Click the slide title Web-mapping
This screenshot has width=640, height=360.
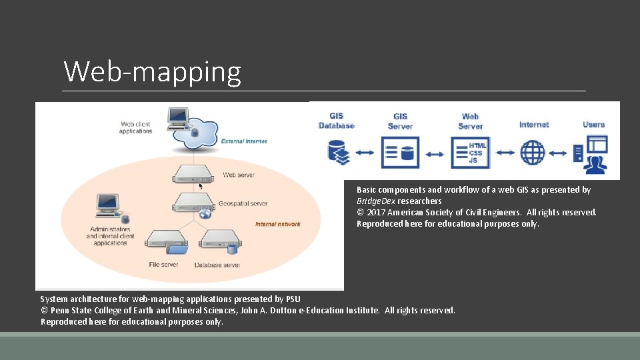[152, 72]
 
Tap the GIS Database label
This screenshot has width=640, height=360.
[336, 121]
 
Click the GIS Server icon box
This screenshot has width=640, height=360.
[400, 153]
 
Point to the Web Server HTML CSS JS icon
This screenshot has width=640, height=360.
[470, 153]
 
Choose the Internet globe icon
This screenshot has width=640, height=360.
[533, 153]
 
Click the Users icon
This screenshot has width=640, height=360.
[591, 153]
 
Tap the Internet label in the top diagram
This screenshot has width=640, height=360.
[534, 125]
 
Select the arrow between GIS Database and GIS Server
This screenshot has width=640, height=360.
[365, 153]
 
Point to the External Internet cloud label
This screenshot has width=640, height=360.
[244, 141]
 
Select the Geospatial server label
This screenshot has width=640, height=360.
[243, 203]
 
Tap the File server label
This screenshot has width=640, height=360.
[163, 265]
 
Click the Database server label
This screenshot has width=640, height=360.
[217, 265]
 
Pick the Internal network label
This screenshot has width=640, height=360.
[277, 224]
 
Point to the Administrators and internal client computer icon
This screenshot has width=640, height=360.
[108, 206]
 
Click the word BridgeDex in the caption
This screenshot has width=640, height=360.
[376, 201]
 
